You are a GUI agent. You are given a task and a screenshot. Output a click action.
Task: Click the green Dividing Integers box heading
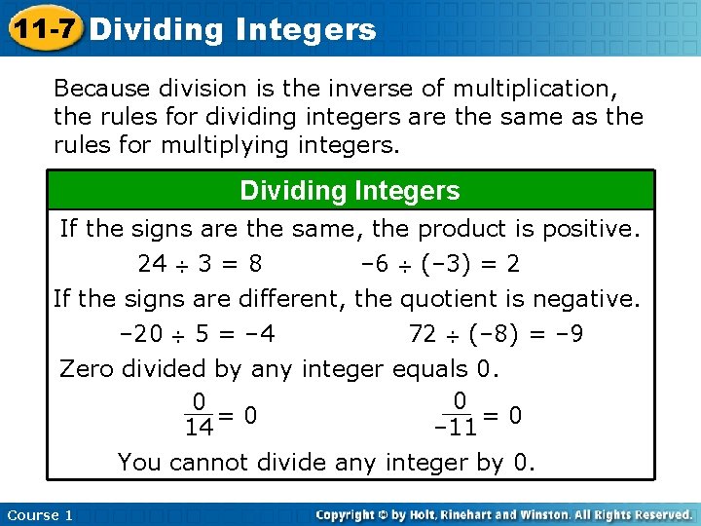coord(350,191)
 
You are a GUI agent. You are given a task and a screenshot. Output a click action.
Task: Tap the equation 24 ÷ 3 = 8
coord(199,264)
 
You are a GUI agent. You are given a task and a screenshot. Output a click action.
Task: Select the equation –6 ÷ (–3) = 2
coord(440,264)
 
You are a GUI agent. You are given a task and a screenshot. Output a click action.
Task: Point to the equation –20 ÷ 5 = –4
coord(196,335)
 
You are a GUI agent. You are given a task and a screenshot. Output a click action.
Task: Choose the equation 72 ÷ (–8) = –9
coord(497,335)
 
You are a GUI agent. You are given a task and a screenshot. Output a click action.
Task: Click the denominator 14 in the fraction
coord(199,427)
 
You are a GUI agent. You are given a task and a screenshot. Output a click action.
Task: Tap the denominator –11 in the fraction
coord(456,427)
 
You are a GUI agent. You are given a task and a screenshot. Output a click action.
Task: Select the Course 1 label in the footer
coord(39,514)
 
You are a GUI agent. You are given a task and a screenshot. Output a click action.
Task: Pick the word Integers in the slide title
coord(305,29)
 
